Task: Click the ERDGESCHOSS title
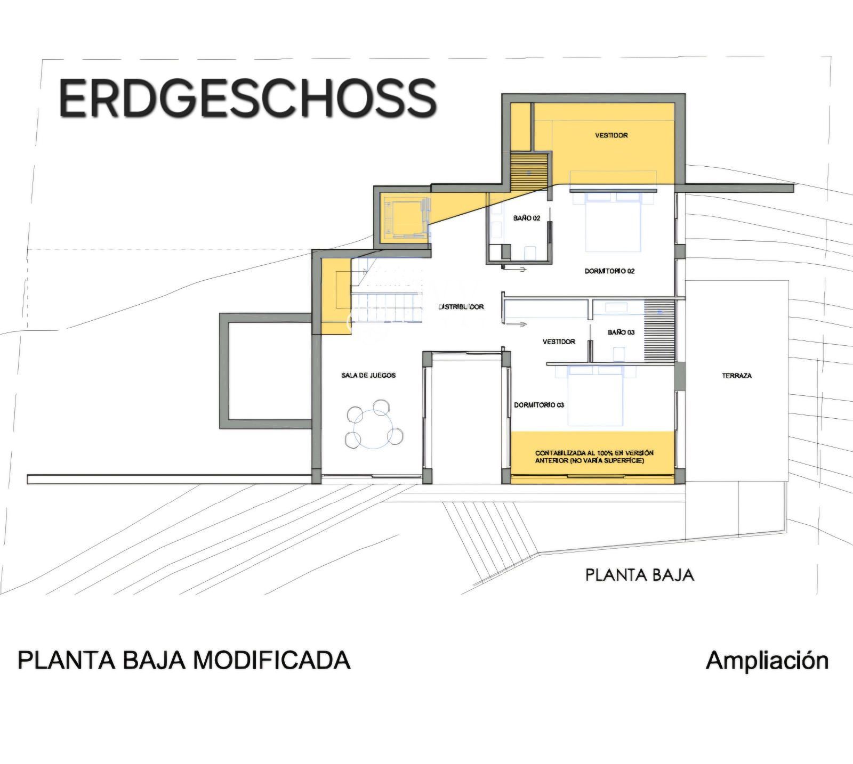pyautogui.click(x=248, y=99)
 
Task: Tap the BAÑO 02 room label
pyautogui.click(x=527, y=218)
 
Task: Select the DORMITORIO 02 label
pyautogui.click(x=609, y=271)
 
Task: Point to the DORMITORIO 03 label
pyautogui.click(x=539, y=405)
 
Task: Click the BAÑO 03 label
pyautogui.click(x=621, y=332)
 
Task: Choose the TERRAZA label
pyautogui.click(x=737, y=376)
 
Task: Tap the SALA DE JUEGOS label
pyautogui.click(x=368, y=375)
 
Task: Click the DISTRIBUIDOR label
pyautogui.click(x=461, y=307)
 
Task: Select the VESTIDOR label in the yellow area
pyautogui.click(x=611, y=135)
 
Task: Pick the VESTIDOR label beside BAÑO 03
pyautogui.click(x=559, y=342)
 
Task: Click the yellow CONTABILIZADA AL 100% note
pyautogui.click(x=594, y=457)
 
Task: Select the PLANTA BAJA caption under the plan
pyautogui.click(x=640, y=575)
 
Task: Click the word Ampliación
pyautogui.click(x=767, y=661)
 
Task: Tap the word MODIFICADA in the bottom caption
pyautogui.click(x=271, y=660)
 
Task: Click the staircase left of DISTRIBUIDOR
pyautogui.click(x=387, y=291)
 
